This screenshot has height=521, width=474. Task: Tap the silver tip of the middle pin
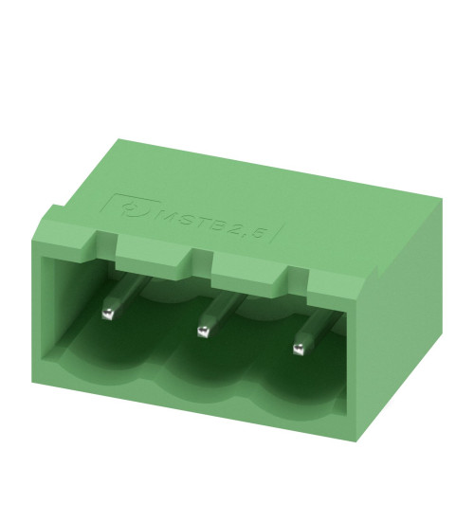[202, 331]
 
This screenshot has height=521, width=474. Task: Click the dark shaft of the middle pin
[220, 308]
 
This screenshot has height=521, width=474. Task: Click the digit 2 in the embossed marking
[236, 230]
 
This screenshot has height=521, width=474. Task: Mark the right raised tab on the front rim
[248, 270]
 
